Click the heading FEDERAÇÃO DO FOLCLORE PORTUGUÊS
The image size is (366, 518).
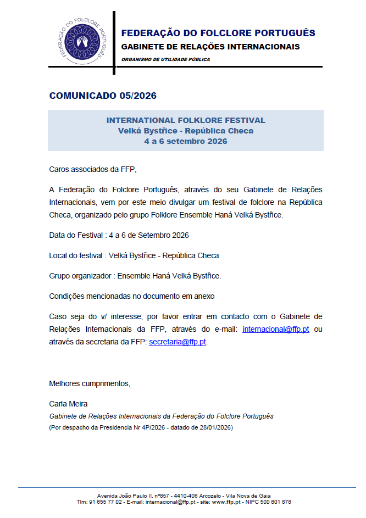[218, 33]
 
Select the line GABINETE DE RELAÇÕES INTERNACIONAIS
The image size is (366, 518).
[210, 47]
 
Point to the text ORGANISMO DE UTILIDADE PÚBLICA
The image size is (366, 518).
[165, 59]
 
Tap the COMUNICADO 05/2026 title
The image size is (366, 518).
[103, 96]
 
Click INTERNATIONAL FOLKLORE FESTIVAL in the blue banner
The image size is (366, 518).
[186, 120]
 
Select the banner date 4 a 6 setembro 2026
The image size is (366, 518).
[186, 141]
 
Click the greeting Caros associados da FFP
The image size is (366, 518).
[92, 169]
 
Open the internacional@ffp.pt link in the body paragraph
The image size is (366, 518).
[275, 329]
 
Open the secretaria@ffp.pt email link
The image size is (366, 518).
[178, 341]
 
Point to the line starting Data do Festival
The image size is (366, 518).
[119, 235]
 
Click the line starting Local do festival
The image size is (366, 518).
[134, 255]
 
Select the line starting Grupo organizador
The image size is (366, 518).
[135, 276]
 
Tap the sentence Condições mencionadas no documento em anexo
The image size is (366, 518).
[131, 296]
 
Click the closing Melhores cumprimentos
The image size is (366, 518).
[90, 383]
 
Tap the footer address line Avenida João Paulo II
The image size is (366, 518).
[184, 495]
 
